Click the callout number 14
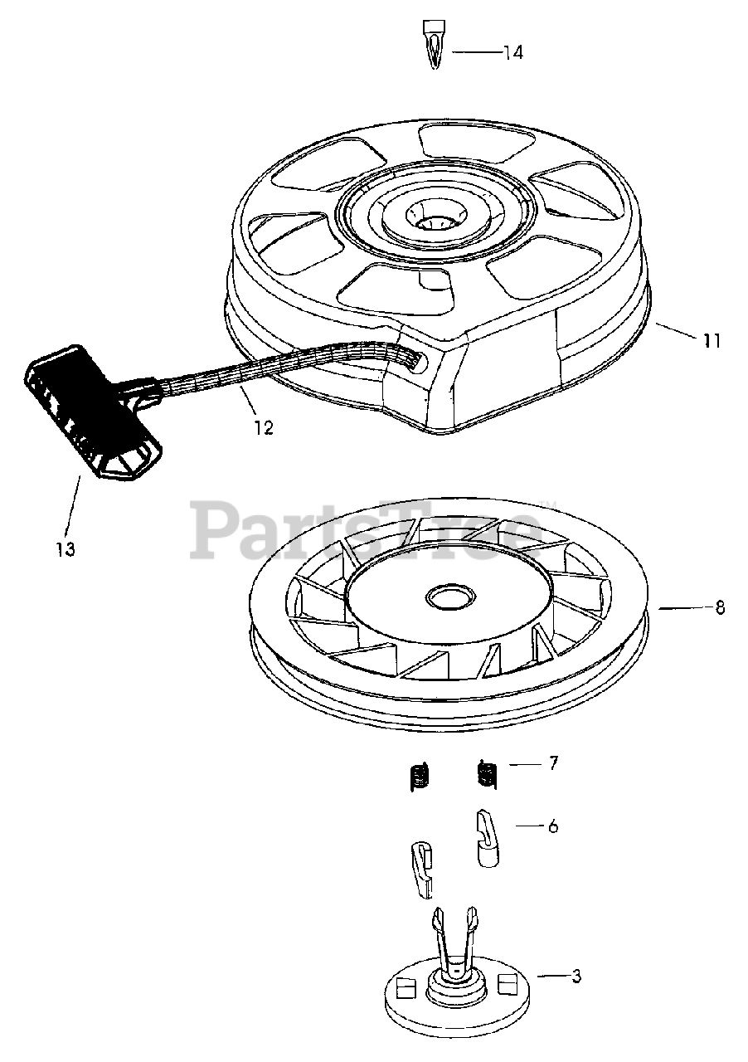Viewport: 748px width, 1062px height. pos(512,52)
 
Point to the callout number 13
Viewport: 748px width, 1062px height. pos(66,548)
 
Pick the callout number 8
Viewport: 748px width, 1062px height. pos(720,607)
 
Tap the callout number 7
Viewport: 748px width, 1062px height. pos(554,762)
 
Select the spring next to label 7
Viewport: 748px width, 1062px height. pos(487,774)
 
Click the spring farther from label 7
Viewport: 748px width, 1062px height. pos(420,777)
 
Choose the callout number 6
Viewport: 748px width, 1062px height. pos(552,826)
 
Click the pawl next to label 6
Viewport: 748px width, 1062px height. pos(490,838)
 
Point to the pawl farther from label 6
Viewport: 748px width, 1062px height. pos(422,869)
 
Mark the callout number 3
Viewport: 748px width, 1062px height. pos(576,977)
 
